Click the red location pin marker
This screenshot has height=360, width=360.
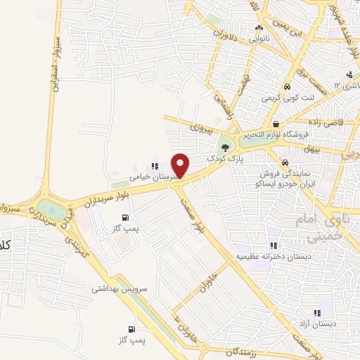point(181,165)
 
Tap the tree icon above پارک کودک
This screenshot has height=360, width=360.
point(225,148)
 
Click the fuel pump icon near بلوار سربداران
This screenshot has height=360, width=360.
point(125,217)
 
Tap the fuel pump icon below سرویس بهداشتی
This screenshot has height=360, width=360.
point(131,329)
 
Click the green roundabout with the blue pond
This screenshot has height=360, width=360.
point(50,209)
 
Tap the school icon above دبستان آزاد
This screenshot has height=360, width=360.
point(319,311)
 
